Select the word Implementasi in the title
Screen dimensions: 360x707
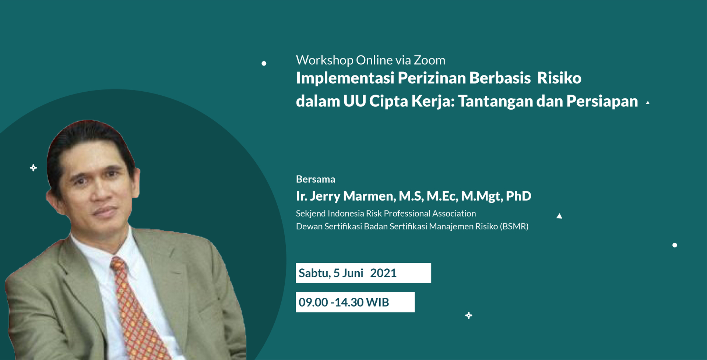click(345, 78)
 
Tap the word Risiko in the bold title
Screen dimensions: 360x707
click(559, 78)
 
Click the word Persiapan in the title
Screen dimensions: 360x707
click(602, 101)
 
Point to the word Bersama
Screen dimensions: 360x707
click(316, 179)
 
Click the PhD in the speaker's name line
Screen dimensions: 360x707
click(518, 196)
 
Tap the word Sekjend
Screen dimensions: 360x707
click(310, 213)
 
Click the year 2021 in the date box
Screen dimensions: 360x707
click(383, 273)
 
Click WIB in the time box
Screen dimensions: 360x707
click(377, 302)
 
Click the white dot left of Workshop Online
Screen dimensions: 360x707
click(264, 64)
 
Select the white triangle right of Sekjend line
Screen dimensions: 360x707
click(559, 216)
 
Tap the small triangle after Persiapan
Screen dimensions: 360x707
click(648, 103)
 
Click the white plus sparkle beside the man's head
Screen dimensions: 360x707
click(34, 168)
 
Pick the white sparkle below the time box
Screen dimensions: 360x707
click(468, 315)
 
